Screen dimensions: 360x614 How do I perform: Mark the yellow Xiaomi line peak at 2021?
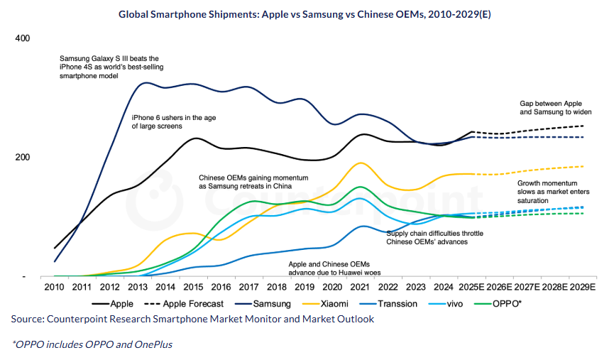click(361, 163)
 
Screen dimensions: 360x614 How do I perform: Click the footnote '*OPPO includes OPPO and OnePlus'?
click(92, 344)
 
